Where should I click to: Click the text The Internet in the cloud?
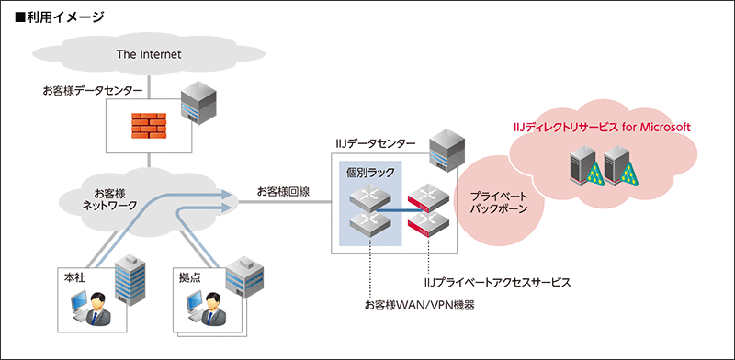[x=149, y=54]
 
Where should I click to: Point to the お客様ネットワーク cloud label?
[x=109, y=199]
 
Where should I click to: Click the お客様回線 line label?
[x=283, y=191]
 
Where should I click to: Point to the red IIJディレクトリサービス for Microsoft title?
[x=601, y=127]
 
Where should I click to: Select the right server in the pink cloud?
[x=616, y=164]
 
